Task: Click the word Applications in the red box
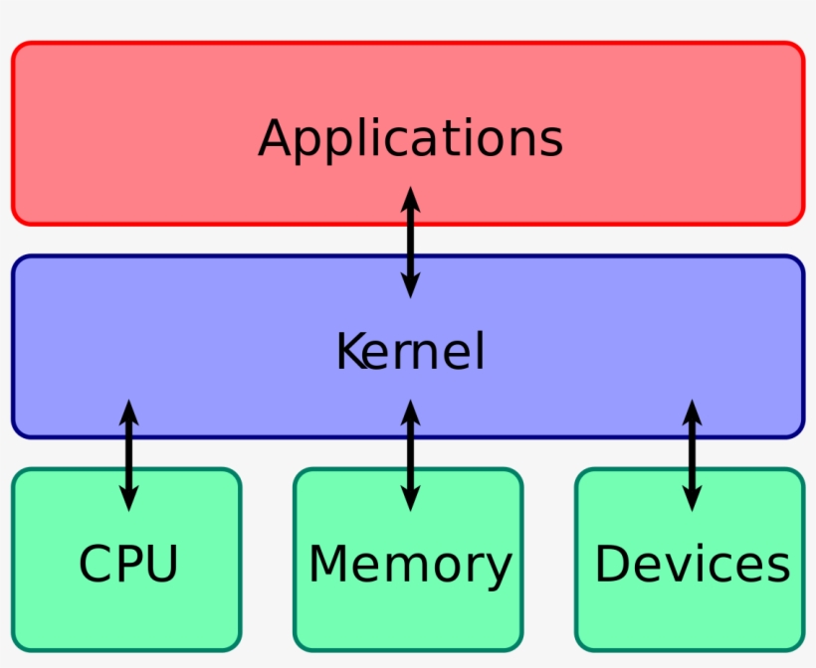point(410,139)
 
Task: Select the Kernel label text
point(410,352)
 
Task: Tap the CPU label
point(128,564)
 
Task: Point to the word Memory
point(410,564)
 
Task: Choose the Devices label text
point(692,564)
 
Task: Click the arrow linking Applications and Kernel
point(410,243)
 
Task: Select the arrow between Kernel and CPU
point(128,455)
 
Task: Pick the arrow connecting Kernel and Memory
point(410,455)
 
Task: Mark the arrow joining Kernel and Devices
point(692,455)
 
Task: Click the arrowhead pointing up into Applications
point(410,199)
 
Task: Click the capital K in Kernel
point(350,352)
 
